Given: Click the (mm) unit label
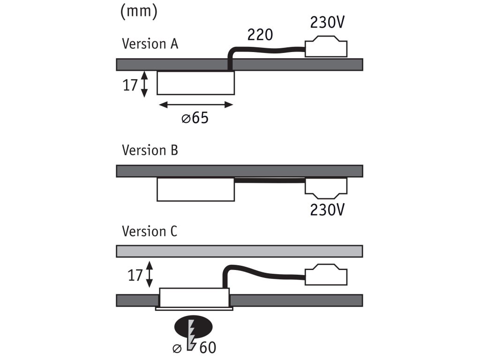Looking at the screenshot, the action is [138, 12].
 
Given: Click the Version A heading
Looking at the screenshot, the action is [150, 44].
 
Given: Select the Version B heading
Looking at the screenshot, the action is [150, 150].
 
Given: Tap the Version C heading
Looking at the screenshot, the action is [150, 232].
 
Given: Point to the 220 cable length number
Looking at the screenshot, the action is [260, 34].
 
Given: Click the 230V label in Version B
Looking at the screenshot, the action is [328, 210].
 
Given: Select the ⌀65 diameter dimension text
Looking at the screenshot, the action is [195, 118].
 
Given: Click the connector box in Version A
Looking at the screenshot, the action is [326, 49].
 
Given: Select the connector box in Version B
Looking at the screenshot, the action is [326, 187].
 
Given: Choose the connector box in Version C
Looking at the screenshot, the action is [326, 276].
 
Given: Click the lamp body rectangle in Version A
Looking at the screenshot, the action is [195, 83].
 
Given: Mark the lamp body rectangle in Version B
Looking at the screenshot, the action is [195, 189].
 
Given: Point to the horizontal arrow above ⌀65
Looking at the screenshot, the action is [195, 105].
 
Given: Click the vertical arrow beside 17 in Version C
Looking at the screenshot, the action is [150, 275].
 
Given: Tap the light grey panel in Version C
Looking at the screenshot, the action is [239, 251].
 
